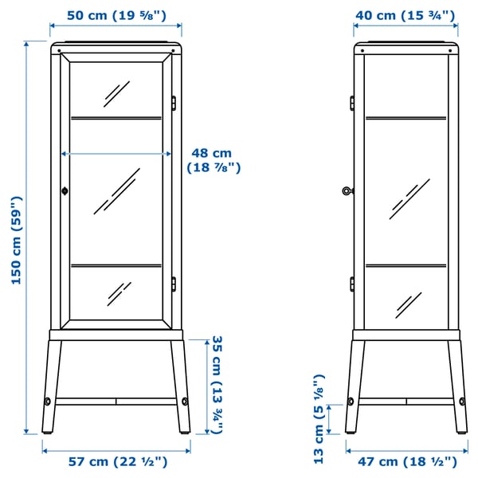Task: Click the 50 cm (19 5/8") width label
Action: (116, 14)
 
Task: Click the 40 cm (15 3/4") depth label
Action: (405, 14)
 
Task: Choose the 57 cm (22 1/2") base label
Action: (116, 461)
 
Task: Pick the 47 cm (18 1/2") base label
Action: (406, 461)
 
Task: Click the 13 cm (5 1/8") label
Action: (319, 418)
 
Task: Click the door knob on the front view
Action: (65, 190)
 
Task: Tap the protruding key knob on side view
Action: (347, 190)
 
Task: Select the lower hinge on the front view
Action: (173, 284)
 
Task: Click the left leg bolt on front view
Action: (47, 401)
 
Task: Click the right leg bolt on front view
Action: (185, 401)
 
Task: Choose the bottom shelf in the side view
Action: (406, 265)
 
